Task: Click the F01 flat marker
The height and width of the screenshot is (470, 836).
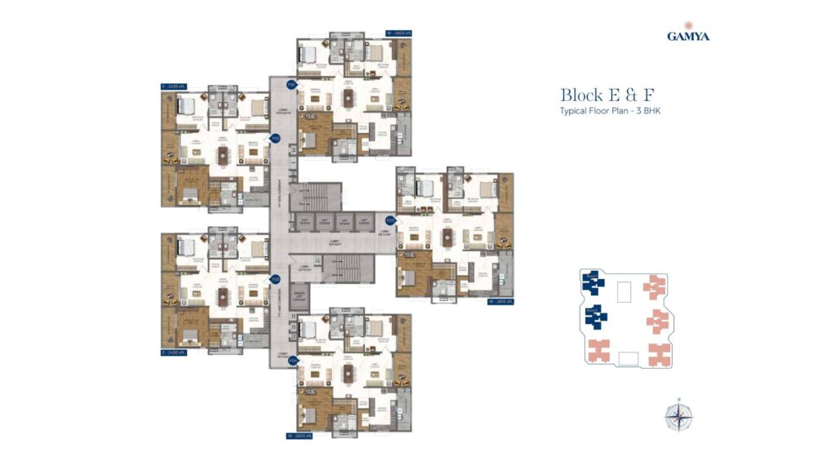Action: (290, 84)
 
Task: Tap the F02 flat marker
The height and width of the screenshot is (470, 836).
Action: (276, 139)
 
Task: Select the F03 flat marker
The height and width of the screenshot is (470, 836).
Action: (390, 220)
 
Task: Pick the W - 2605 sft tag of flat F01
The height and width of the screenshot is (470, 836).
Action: (397, 34)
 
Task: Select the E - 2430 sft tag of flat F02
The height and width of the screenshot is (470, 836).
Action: (175, 85)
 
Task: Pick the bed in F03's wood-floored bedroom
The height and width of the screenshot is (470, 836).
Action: (409, 276)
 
